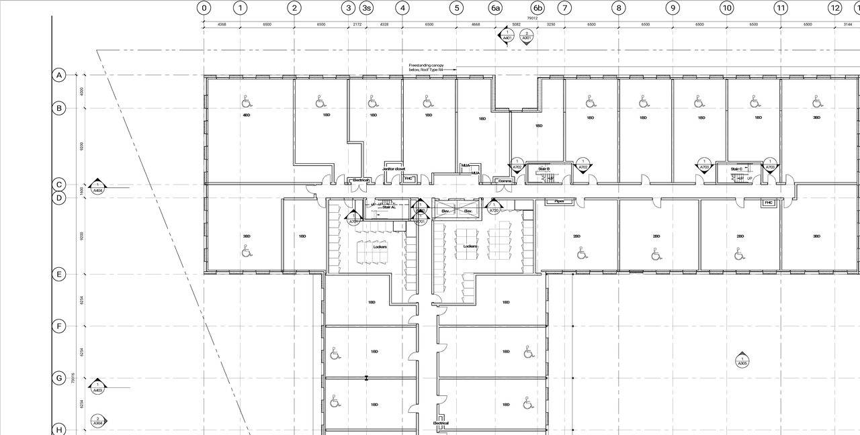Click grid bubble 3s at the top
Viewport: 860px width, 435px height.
coord(366,8)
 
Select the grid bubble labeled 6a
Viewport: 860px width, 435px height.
coord(495,8)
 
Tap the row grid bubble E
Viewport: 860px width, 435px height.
coord(59,274)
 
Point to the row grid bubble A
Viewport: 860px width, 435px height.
coord(59,75)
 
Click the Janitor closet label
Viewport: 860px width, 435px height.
coord(394,169)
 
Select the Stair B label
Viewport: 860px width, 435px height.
coord(544,168)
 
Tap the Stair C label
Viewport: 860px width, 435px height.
coord(736,169)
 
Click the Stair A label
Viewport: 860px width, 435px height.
coord(389,207)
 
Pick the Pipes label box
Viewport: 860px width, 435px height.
coord(559,201)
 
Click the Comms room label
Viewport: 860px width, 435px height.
coord(505,181)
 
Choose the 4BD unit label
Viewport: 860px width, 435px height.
coord(247,115)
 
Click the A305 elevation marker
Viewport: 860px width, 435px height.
coord(742,360)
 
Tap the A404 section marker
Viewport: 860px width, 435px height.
coord(98,187)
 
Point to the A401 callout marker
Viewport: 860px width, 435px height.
coord(507,36)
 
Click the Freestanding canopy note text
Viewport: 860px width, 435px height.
coord(426,67)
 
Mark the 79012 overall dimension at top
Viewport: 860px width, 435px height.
coord(532,18)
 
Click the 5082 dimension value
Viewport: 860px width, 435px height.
coord(516,24)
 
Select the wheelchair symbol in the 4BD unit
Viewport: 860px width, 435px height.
coord(247,101)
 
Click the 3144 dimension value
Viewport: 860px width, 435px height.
coord(847,24)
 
